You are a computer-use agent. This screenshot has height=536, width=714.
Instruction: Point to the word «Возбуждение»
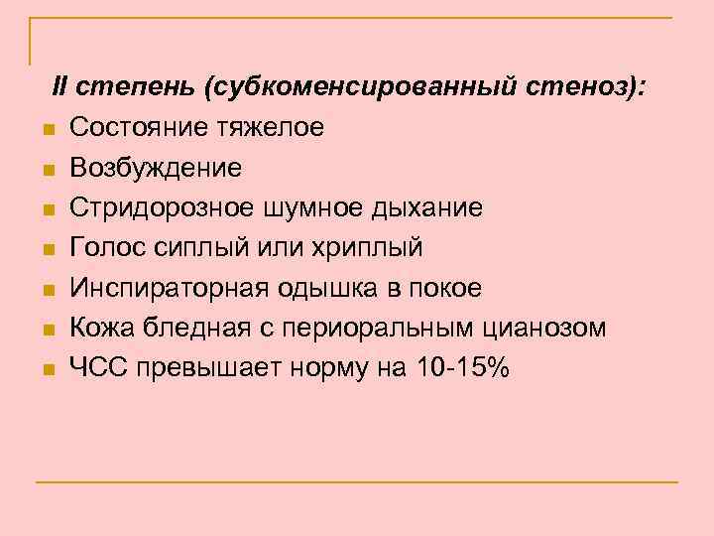click(x=156, y=168)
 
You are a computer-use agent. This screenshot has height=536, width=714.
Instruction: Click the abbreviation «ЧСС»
click(x=97, y=368)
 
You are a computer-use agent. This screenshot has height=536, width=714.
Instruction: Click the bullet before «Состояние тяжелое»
click(x=47, y=130)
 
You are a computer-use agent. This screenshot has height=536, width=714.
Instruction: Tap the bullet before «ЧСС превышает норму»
click(x=47, y=370)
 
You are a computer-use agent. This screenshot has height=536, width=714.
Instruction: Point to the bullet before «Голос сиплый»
click(x=47, y=250)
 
